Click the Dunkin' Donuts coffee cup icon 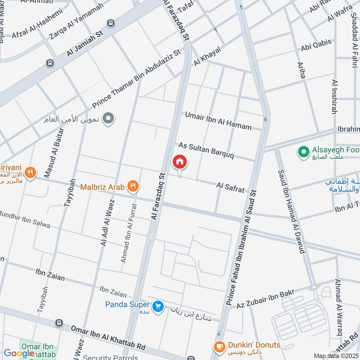[x=219, y=346]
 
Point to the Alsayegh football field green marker [x=304, y=151]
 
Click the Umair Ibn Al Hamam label [x=218, y=121]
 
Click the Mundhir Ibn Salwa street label [x=25, y=218]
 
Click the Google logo [x=19, y=353]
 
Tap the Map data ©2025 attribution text [x=336, y=356]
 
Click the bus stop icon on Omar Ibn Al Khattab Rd [x=58, y=323]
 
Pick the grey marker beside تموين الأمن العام [x=108, y=119]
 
